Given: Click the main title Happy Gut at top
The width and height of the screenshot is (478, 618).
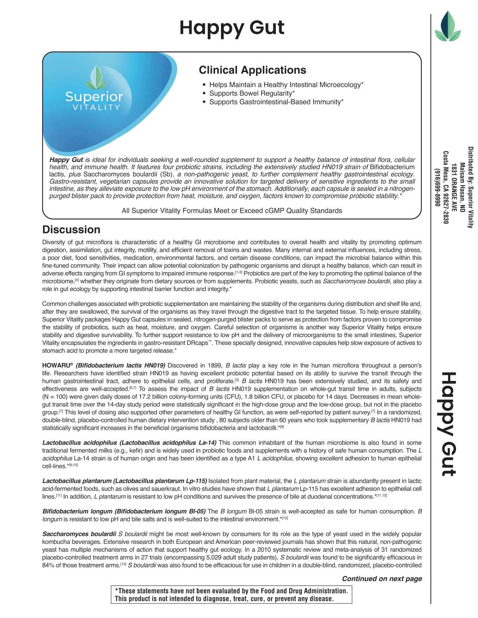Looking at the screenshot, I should [x=232, y=28].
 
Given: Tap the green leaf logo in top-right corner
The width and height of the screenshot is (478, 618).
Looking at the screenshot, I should [x=447, y=27].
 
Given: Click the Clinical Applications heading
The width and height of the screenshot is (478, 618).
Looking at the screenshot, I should [x=252, y=70].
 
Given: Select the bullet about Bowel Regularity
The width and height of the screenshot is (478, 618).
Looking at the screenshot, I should [x=252, y=93].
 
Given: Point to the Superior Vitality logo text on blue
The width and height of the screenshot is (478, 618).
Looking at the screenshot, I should [x=94, y=101].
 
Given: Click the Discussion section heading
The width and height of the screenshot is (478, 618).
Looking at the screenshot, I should [x=71, y=230].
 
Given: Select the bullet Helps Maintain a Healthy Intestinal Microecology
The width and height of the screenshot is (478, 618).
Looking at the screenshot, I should [x=286, y=85].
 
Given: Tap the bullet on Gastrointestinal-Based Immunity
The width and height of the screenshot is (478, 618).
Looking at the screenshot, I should [x=276, y=102].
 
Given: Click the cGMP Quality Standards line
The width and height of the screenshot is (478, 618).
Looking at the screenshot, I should [x=232, y=211].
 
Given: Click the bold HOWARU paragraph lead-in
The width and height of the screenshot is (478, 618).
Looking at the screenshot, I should [x=104, y=366].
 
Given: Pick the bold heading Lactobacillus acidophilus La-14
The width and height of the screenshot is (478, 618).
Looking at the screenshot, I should [x=129, y=443].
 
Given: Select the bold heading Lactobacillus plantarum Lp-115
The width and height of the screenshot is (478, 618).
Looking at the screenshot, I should [x=125, y=481].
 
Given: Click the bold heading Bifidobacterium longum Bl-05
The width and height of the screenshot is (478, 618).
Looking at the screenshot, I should [x=124, y=511].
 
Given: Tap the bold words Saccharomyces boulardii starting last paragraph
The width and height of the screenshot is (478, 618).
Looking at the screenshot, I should [x=79, y=534].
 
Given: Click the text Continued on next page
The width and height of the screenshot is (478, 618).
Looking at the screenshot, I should [x=382, y=578].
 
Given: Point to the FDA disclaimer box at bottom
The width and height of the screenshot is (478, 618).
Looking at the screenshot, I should [x=232, y=595].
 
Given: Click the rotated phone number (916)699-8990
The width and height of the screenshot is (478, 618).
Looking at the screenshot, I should [x=437, y=187].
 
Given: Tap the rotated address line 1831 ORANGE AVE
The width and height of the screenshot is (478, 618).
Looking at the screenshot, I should [x=454, y=187].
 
